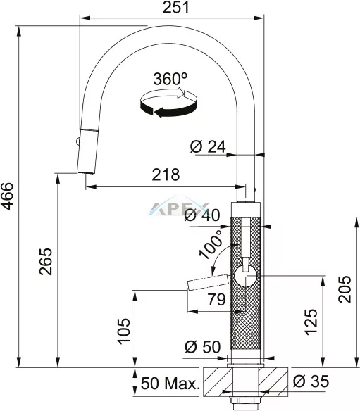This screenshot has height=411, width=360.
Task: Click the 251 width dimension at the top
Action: pos(175,7)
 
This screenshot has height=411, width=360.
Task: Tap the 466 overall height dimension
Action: pos(7,196)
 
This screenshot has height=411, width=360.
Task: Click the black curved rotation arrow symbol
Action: pos(168,103)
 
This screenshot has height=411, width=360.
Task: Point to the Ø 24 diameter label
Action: pos(208,147)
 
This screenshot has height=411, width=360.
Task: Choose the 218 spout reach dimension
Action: pos(166,175)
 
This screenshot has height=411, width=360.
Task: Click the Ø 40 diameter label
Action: pos(202,215)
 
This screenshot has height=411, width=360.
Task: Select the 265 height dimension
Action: pos(46,261)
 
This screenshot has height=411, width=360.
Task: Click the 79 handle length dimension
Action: pos(216,299)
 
